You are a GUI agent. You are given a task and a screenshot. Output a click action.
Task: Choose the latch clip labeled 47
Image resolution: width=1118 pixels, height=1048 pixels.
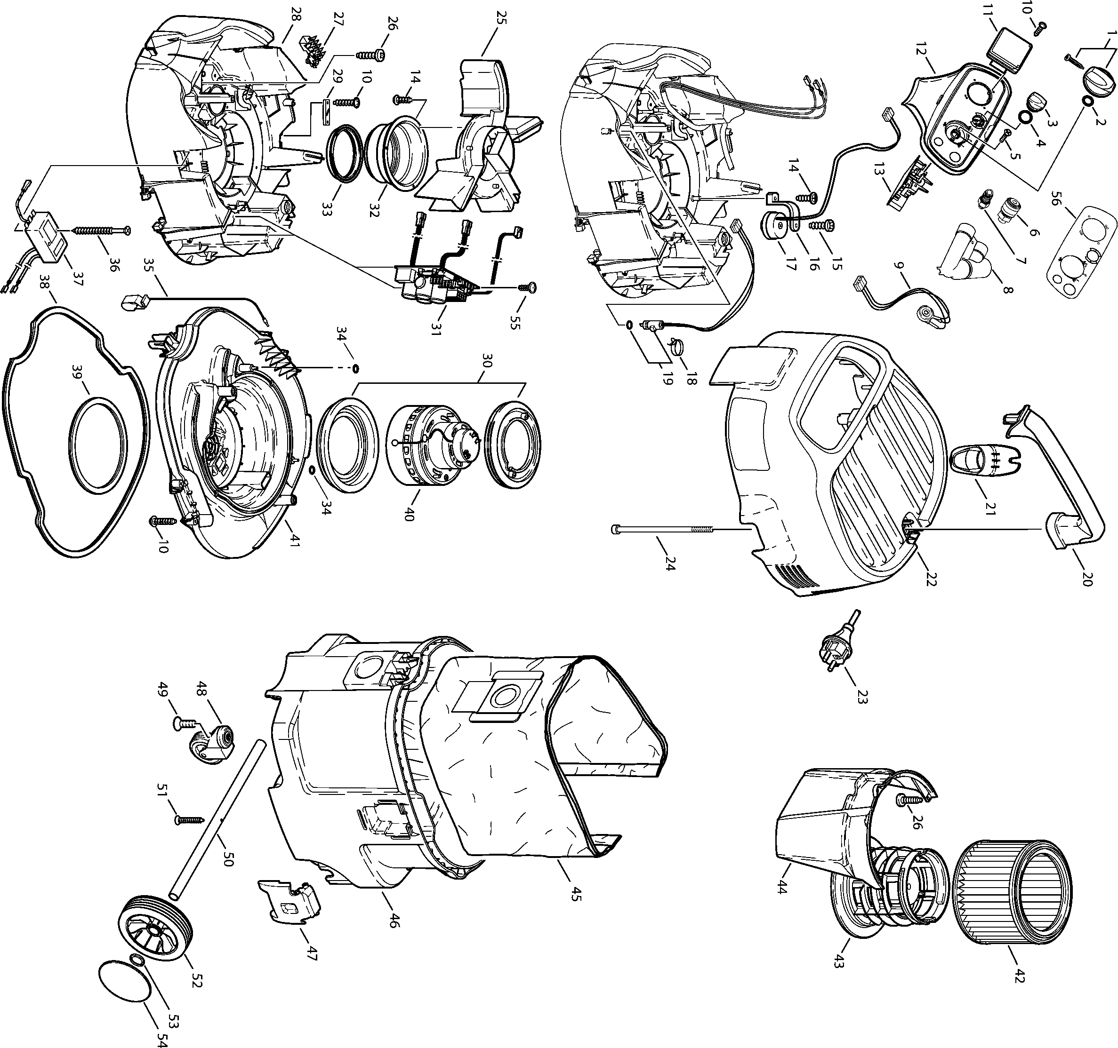(x=289, y=901)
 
